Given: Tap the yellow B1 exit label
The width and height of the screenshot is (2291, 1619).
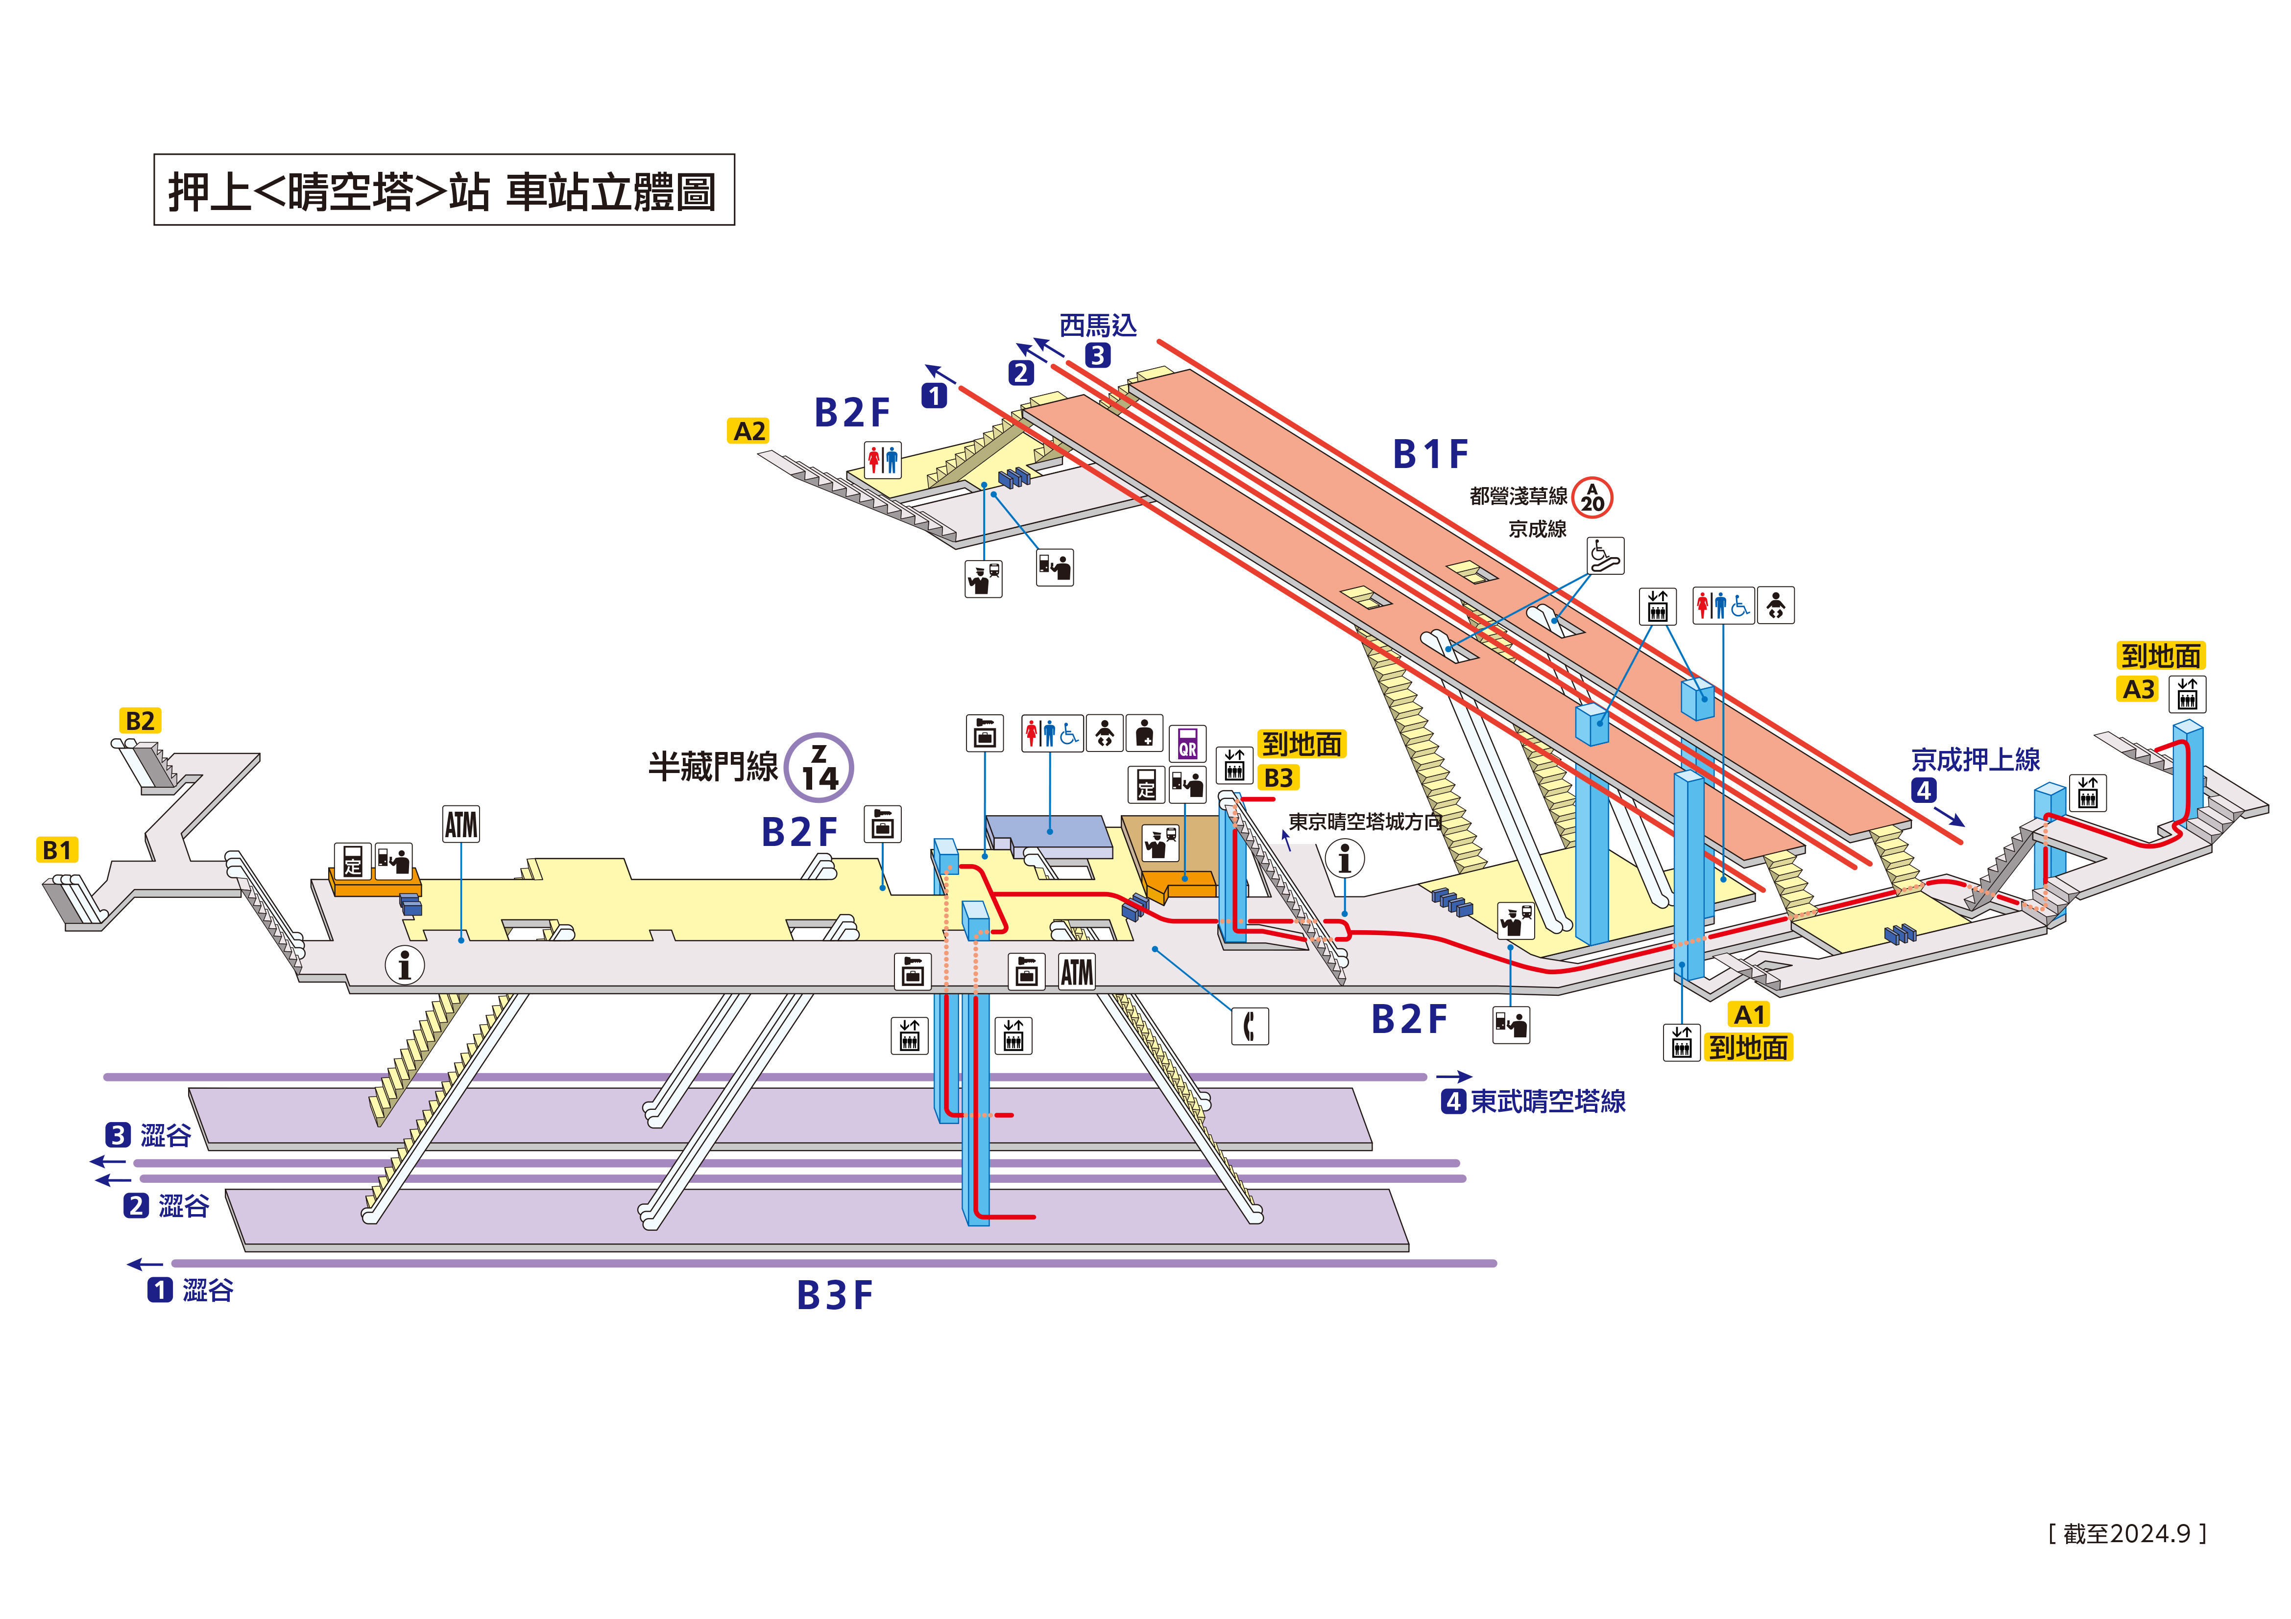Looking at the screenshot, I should (x=57, y=850).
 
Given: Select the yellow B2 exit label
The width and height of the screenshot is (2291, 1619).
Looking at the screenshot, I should (x=140, y=720).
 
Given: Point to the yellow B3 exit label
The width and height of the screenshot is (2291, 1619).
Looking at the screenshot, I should (x=1278, y=777).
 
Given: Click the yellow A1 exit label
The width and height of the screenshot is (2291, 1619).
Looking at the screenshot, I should (x=1749, y=1014).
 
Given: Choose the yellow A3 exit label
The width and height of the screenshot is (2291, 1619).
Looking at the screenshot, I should (x=2138, y=689).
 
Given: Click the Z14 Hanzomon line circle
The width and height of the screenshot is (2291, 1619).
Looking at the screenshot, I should (x=818, y=767).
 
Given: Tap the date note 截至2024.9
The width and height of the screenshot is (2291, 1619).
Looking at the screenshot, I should (x=2126, y=1533).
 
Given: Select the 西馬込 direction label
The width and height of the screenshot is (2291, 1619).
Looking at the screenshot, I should (x=1098, y=325).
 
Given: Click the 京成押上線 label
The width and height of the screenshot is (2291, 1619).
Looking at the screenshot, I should (x=1975, y=760).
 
